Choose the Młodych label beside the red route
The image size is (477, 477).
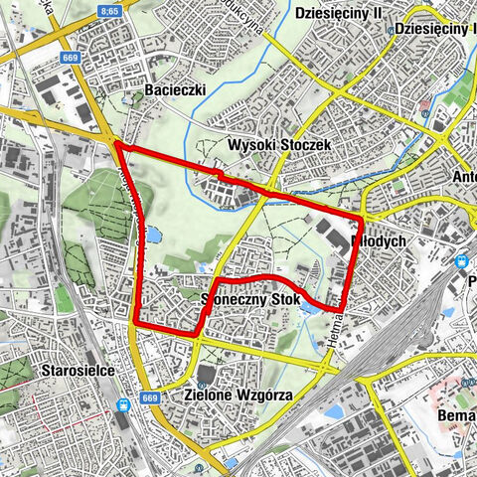click(379, 241)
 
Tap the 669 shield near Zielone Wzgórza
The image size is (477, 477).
click(150, 398)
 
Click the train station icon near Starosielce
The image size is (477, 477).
click(122, 405)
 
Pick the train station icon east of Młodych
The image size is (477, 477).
click(460, 260)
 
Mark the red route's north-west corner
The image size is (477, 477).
click(117, 145)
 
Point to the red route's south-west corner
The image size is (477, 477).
click(135, 324)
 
